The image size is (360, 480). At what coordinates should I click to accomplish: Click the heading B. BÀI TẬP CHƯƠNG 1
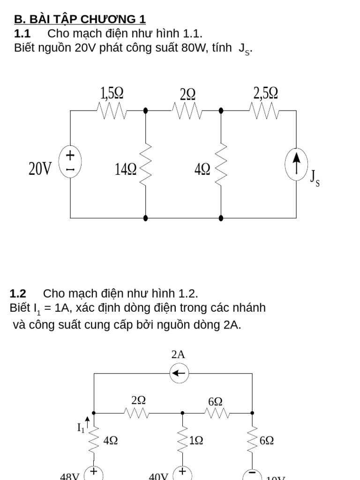(x=80, y=19)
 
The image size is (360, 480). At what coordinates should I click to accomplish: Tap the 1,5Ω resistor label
(x=112, y=94)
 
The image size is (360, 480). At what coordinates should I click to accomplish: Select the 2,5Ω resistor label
(x=266, y=93)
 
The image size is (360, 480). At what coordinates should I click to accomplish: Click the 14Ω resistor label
(x=126, y=169)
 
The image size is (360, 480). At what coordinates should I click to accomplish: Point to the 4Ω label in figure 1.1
(x=202, y=169)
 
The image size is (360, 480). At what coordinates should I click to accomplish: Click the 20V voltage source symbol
(x=70, y=162)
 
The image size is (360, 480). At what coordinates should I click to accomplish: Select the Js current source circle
(x=296, y=164)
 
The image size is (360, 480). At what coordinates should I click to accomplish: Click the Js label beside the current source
(x=315, y=178)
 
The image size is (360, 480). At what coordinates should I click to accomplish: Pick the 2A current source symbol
(x=178, y=374)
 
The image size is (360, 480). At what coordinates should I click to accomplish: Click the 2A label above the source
(x=178, y=355)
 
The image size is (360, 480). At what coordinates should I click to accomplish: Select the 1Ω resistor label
(x=196, y=441)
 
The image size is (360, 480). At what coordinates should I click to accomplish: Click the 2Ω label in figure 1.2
(x=139, y=400)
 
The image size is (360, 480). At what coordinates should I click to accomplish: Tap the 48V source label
(x=70, y=475)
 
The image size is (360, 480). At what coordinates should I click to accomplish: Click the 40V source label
(x=158, y=475)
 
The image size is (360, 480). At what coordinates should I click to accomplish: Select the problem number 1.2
(x=18, y=294)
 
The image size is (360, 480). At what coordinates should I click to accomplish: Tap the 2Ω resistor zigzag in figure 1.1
(x=187, y=112)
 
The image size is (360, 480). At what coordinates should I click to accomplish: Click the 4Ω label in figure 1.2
(x=110, y=441)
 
